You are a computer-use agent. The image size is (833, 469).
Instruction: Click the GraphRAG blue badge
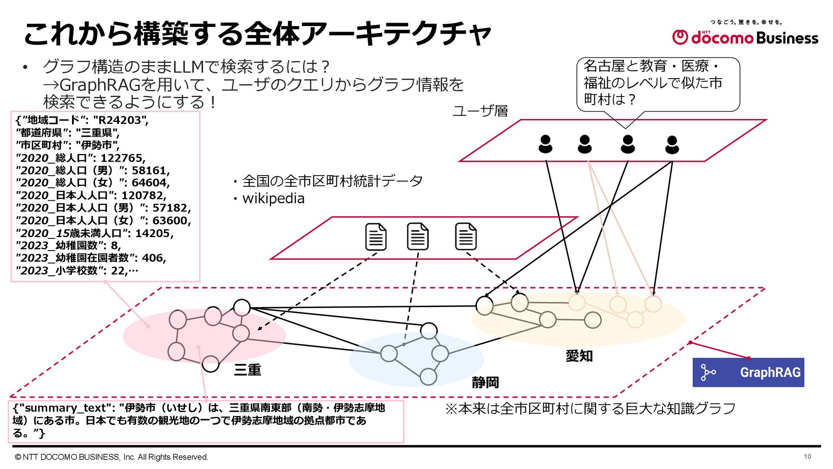coord(748,372)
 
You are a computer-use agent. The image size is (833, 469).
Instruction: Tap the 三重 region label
coord(247,370)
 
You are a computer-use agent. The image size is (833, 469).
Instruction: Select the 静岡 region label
coord(485,383)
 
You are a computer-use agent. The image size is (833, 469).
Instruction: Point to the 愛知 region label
coord(579,356)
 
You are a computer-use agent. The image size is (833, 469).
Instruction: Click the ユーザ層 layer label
coord(480,111)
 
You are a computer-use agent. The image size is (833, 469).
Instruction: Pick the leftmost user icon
coord(545,144)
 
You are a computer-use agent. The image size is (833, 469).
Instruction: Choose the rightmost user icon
coord(672,145)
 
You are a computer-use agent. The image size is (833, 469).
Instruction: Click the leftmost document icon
coord(376,237)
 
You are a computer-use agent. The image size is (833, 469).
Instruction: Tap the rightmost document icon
coord(466,237)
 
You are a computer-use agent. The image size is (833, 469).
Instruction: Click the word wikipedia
coord(273,198)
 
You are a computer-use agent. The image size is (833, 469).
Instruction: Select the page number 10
coord(807,456)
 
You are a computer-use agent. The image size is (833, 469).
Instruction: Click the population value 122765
coord(123,158)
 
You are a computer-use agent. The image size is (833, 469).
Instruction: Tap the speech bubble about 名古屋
coord(657,83)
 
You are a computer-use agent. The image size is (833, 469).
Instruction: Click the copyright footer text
coord(112,457)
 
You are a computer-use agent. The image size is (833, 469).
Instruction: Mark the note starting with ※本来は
coord(590,409)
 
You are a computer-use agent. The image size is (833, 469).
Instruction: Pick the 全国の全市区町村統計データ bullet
coord(332,181)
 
